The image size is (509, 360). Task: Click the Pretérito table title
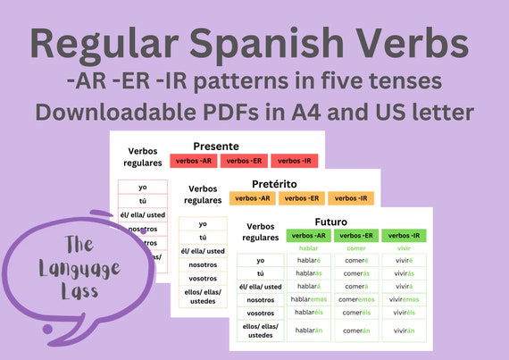coord(277,182)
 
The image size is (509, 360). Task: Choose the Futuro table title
coord(330,221)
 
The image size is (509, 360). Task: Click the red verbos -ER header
coord(244,161)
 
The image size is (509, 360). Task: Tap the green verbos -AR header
coord(309,236)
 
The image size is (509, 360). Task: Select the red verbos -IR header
coord(295,161)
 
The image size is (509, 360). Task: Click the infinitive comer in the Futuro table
coord(356,248)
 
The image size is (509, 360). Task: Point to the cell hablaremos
coord(309,298)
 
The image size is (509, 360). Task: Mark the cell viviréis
coord(404,313)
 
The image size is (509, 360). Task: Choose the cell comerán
coord(356,330)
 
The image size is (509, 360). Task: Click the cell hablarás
coord(309,273)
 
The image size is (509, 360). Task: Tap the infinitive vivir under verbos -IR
coord(404,248)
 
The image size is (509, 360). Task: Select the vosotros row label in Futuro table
coord(260,313)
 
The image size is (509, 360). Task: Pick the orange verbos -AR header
coord(253,198)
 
